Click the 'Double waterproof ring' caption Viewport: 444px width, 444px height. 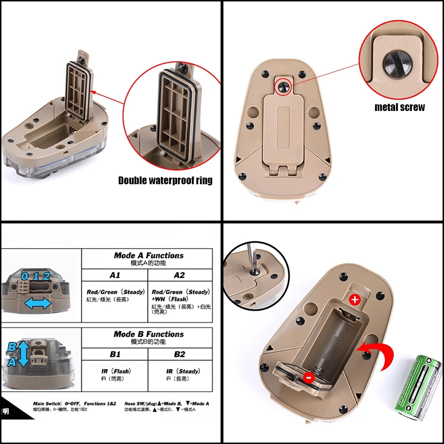[165, 180]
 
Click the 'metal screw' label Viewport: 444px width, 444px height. [400, 107]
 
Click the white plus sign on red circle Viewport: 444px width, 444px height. [355, 300]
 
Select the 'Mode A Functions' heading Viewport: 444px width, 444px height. [148, 256]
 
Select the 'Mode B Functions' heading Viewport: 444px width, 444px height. [148, 334]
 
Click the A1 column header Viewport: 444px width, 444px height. [115, 275]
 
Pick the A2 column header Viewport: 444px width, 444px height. [179, 275]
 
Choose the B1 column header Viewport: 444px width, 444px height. [115, 354]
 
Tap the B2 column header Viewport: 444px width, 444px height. [179, 354]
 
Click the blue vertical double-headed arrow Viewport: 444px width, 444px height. [23, 354]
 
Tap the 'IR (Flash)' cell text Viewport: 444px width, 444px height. [115, 371]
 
